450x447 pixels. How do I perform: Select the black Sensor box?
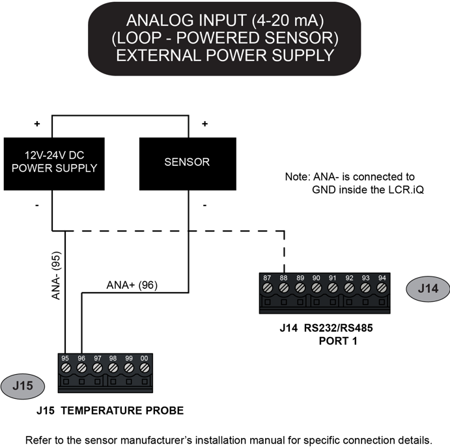coord(188,161)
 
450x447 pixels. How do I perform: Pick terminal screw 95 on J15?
coord(66,368)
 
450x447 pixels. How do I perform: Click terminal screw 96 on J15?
coord(81,368)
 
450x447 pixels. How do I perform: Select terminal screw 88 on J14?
coord(283,287)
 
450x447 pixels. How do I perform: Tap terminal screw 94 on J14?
coord(382,287)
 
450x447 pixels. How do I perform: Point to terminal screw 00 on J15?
coord(145,368)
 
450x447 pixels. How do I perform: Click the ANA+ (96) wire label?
coord(132,284)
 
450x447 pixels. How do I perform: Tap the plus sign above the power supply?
coord(37,124)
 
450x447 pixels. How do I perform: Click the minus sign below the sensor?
coord(205,206)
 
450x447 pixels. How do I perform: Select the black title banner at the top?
coord(225,38)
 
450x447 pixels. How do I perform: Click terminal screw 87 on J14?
coord(267,287)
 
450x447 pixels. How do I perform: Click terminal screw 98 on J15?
coord(113,368)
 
